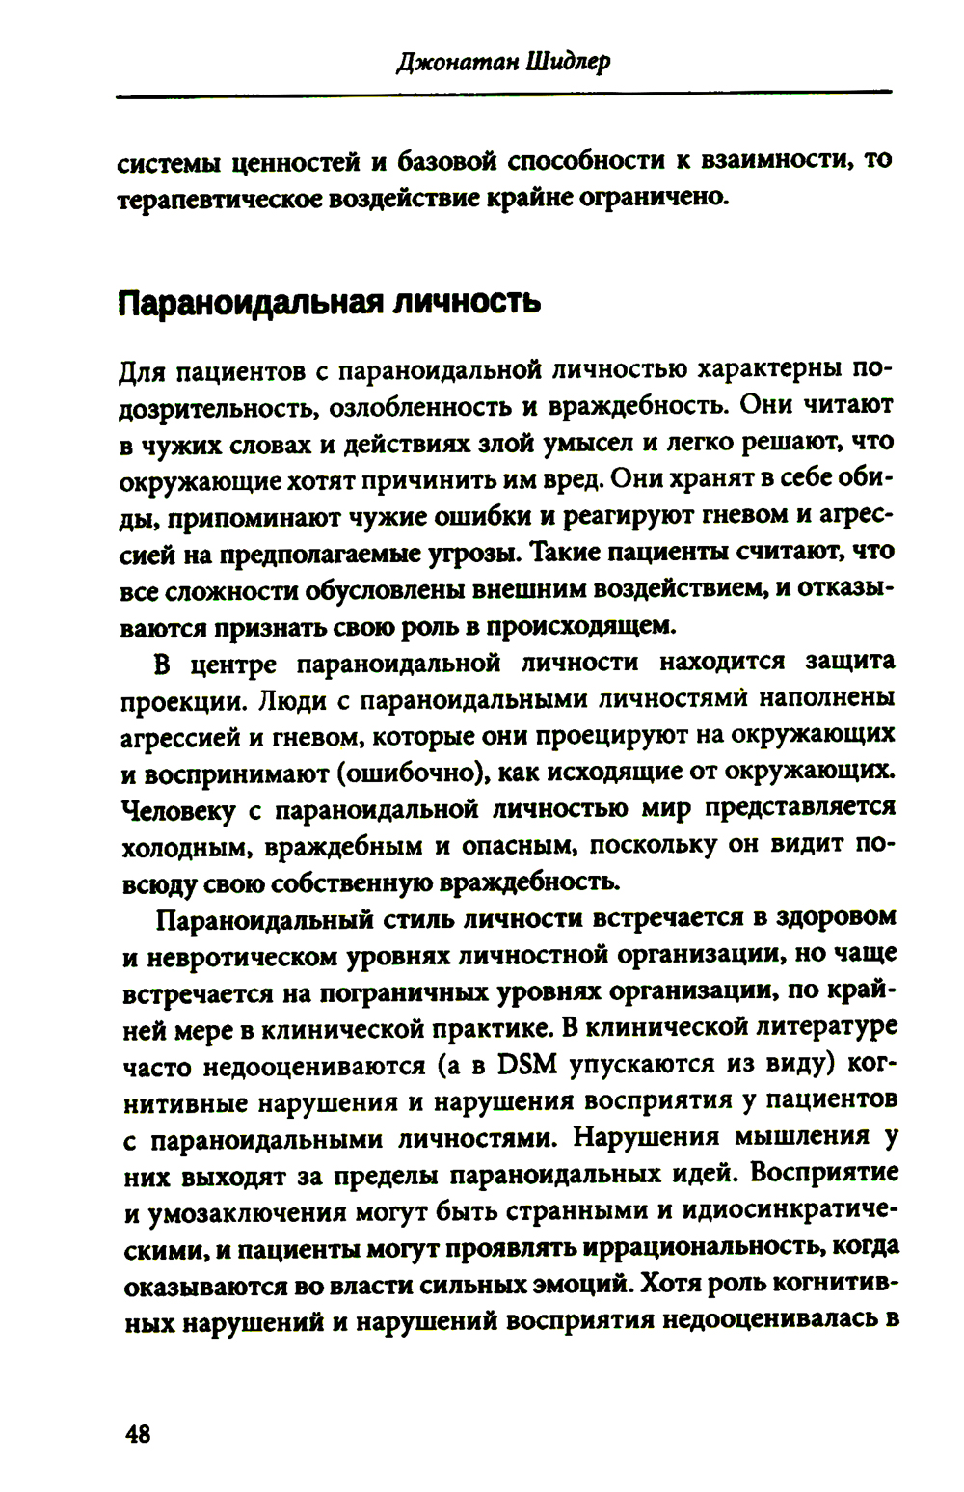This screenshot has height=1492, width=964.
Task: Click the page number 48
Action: click(138, 1434)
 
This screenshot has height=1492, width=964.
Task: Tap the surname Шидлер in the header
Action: click(569, 63)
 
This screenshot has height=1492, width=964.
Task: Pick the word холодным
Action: click(190, 847)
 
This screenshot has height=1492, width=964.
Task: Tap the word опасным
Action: click(521, 847)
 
